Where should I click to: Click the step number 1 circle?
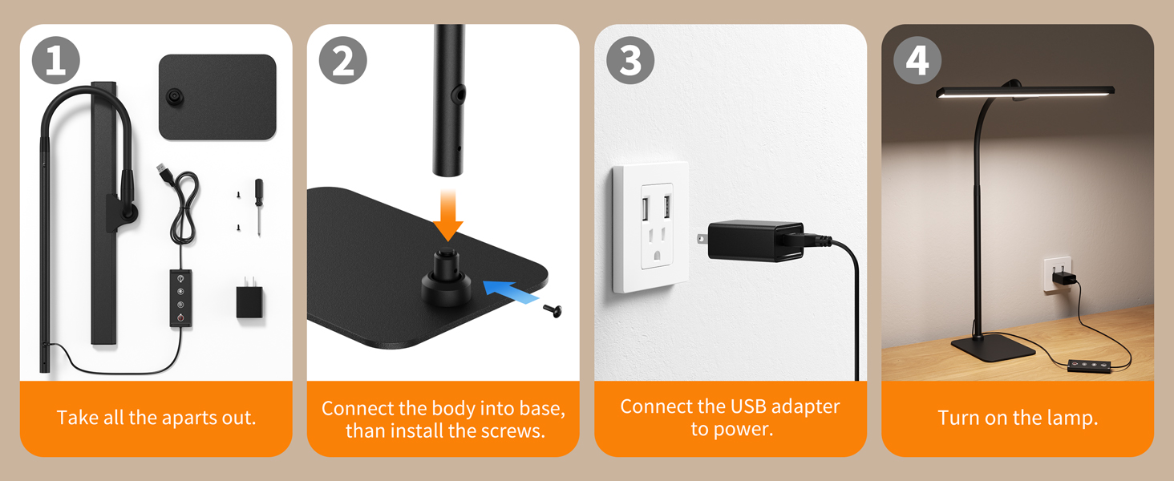pos(55,61)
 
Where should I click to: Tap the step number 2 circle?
pos(343,61)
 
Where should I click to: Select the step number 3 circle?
pos(630,61)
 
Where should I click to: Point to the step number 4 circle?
pos(917,61)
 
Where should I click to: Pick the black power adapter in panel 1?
pos(250,301)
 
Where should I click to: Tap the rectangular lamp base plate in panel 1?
pos(217,97)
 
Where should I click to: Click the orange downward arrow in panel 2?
pos(447,216)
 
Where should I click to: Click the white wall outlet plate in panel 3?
pos(650,227)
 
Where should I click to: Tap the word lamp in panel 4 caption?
pos(1071,418)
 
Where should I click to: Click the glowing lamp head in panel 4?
pos(1024,91)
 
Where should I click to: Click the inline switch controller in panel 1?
pos(180,297)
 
